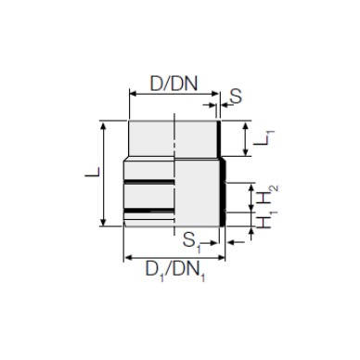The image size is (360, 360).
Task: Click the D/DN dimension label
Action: click(174, 84)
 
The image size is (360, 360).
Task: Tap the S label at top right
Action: click(236, 96)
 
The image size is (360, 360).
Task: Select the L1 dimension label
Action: click(264, 138)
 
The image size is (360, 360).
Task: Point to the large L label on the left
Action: click(93, 172)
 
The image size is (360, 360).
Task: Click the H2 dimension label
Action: click(266, 195)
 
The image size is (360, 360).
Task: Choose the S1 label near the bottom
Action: click(191, 241)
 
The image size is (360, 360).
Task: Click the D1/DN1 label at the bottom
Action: click(175, 271)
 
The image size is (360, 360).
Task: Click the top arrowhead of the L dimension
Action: click(104, 125)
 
